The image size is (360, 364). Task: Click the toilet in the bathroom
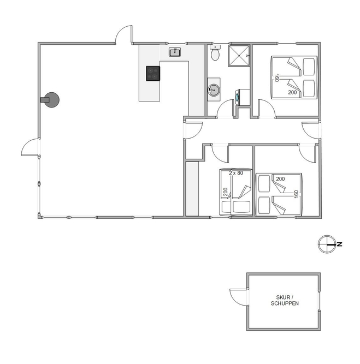[x=215, y=53]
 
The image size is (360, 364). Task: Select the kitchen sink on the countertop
[x=175, y=52]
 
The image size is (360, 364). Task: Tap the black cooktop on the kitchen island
[x=153, y=74]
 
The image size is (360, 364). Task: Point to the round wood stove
[x=50, y=100]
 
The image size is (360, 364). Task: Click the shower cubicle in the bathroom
[x=239, y=56]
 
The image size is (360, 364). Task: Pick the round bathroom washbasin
[x=214, y=89]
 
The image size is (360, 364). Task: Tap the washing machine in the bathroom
[x=243, y=97]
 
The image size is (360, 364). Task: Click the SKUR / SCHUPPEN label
[x=285, y=300]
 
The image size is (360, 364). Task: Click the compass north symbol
[x=327, y=244]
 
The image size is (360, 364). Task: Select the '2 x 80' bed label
[x=236, y=173]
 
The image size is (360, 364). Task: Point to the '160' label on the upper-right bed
[x=276, y=78]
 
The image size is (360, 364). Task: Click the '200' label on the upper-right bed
[x=292, y=92]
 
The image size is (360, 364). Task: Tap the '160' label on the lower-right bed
[x=296, y=194]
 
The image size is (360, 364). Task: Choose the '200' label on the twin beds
[x=226, y=192]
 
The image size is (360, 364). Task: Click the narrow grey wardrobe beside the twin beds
[x=192, y=189]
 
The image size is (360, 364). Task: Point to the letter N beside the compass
[x=340, y=244]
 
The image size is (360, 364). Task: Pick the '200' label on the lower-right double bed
[x=280, y=179]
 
